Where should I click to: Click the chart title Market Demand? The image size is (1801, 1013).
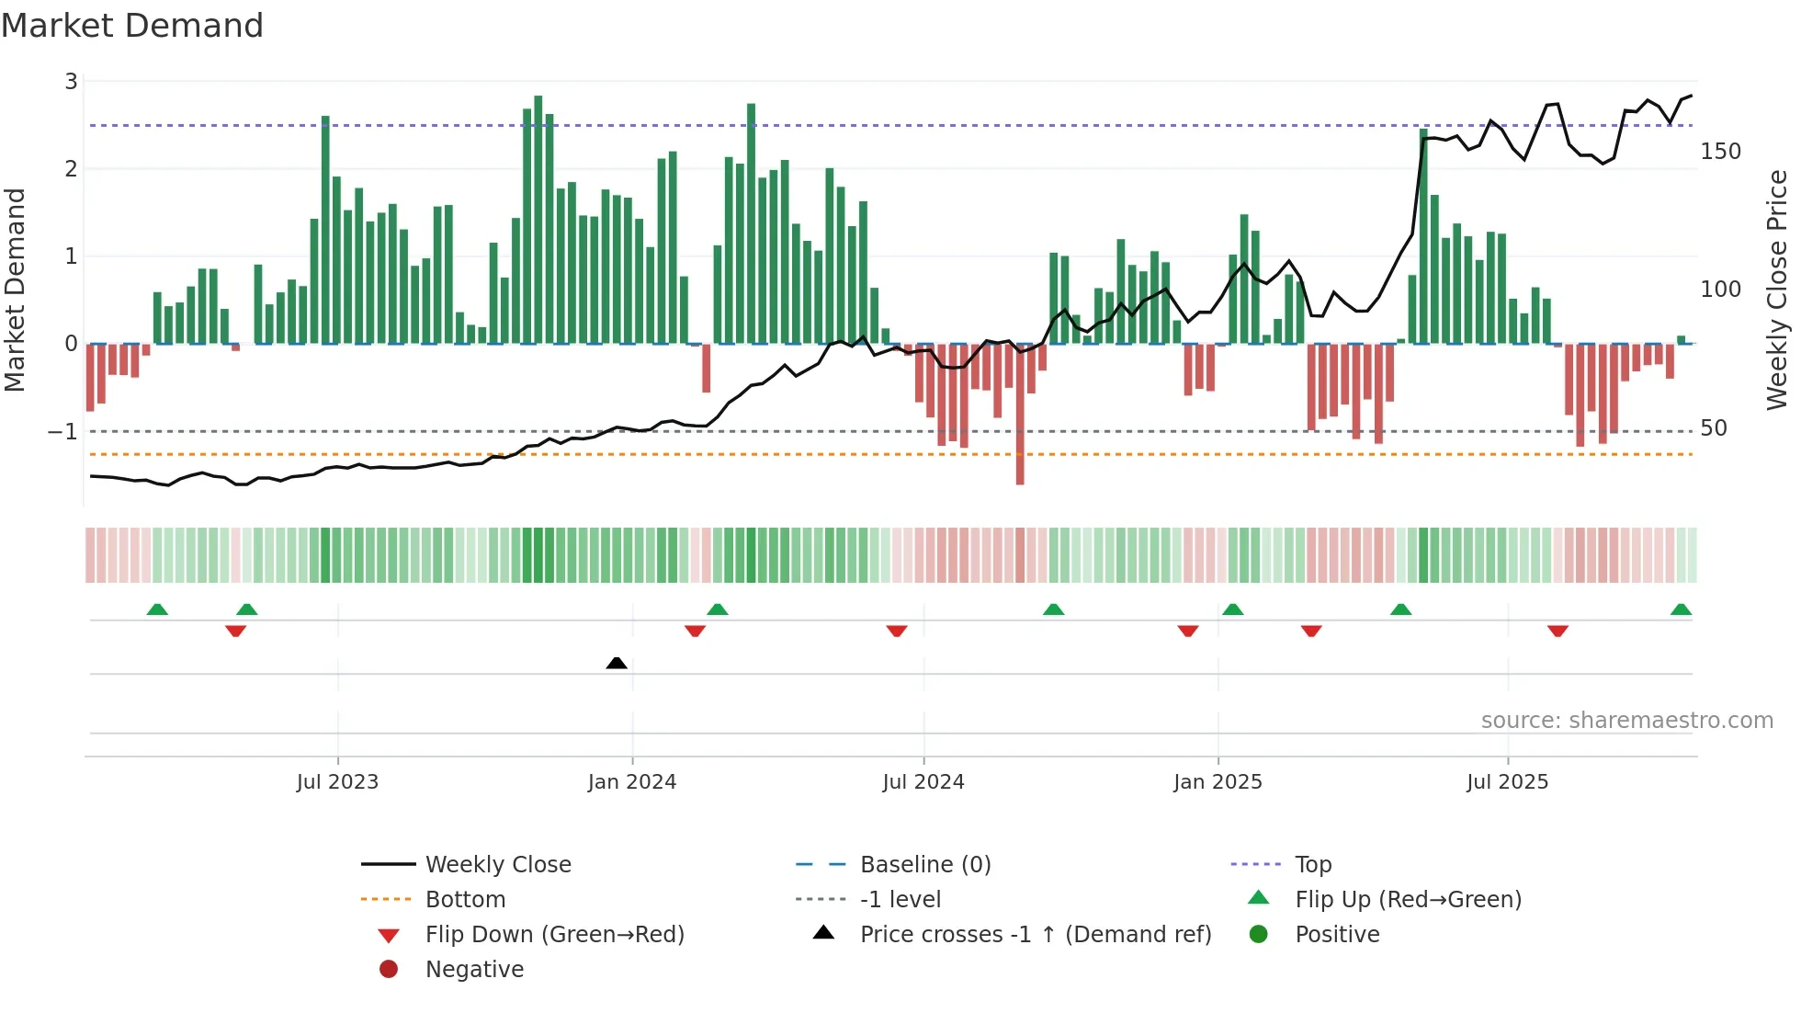click(x=132, y=26)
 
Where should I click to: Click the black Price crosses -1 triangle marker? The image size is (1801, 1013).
click(x=617, y=663)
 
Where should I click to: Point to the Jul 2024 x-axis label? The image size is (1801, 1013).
click(x=923, y=782)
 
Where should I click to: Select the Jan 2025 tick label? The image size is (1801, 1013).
click(x=1218, y=782)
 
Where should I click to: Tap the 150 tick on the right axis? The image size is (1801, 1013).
click(x=1720, y=152)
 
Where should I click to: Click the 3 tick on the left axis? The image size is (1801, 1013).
click(x=71, y=82)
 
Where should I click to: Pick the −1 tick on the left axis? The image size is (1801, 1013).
click(x=62, y=431)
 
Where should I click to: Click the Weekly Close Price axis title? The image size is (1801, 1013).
click(x=1777, y=290)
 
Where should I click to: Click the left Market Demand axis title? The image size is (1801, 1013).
click(x=15, y=290)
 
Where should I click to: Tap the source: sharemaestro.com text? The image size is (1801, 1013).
click(x=1626, y=721)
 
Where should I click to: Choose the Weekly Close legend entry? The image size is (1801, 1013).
click(x=497, y=865)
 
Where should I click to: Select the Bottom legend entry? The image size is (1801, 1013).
click(x=465, y=900)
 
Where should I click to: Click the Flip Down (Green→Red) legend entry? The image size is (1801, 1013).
click(x=554, y=935)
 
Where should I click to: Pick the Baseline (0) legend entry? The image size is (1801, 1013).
click(x=924, y=865)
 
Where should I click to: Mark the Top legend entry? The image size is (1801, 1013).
click(x=1312, y=865)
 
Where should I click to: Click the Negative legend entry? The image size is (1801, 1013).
click(x=474, y=970)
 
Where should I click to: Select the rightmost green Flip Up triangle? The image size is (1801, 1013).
click(x=1681, y=609)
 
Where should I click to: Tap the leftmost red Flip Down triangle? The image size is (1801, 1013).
click(x=235, y=631)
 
